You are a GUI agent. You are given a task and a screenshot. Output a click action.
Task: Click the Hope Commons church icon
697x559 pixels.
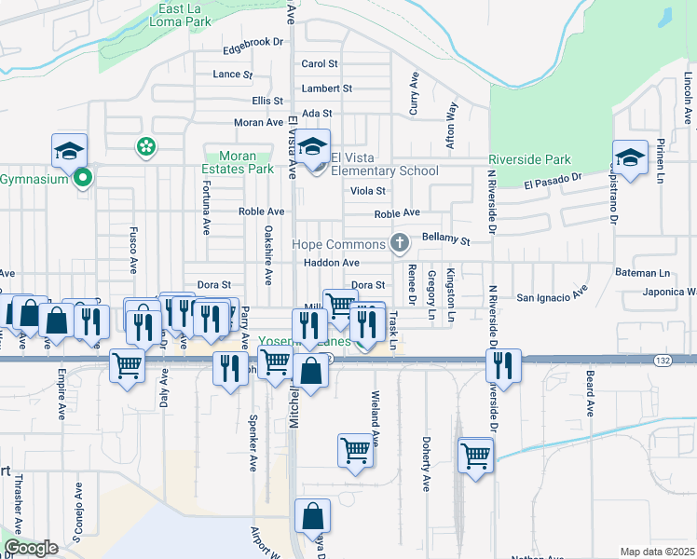click(x=401, y=243)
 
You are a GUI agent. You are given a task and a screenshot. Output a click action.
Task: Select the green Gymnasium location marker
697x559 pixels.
click(x=83, y=176)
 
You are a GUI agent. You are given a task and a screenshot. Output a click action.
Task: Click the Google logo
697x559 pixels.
click(x=31, y=548)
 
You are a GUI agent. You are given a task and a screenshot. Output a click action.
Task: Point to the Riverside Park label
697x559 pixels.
click(x=528, y=159)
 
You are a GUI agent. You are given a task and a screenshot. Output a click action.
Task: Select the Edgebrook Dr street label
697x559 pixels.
click(x=252, y=42)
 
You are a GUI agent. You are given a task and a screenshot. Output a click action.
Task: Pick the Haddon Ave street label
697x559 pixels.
click(x=331, y=264)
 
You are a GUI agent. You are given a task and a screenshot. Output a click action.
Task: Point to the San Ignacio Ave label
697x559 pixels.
click(x=553, y=297)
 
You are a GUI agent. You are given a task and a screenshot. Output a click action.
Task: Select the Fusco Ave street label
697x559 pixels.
click(x=133, y=246)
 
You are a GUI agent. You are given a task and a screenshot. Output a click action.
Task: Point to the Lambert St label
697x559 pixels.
click(x=326, y=89)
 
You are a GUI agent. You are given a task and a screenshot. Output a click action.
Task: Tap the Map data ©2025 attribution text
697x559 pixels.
click(x=658, y=552)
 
